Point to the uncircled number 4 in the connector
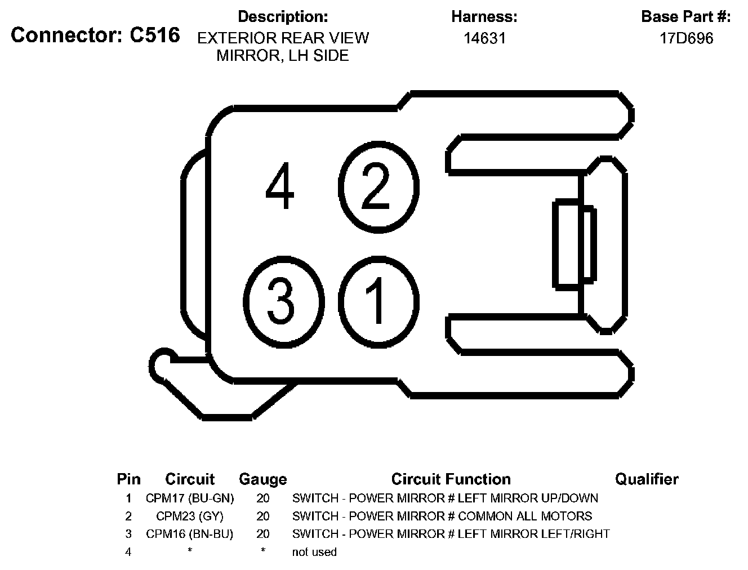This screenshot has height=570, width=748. pyautogui.click(x=280, y=186)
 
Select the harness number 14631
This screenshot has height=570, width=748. pyautogui.click(x=484, y=38)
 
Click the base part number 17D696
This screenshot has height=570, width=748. pyautogui.click(x=686, y=38)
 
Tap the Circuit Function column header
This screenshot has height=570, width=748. pyautogui.click(x=451, y=479)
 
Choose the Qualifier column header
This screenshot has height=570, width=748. pyautogui.click(x=646, y=479)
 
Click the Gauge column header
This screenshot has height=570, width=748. pyautogui.click(x=262, y=479)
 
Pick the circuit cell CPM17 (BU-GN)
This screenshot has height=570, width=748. pyautogui.click(x=189, y=498)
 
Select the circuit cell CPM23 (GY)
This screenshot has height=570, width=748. pyautogui.click(x=189, y=516)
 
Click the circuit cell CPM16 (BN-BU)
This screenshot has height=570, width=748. pyautogui.click(x=189, y=534)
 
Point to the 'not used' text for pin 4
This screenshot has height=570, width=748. pyautogui.click(x=314, y=552)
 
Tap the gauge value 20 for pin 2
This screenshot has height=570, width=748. pyautogui.click(x=262, y=516)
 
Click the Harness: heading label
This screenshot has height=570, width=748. pyautogui.click(x=484, y=17)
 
